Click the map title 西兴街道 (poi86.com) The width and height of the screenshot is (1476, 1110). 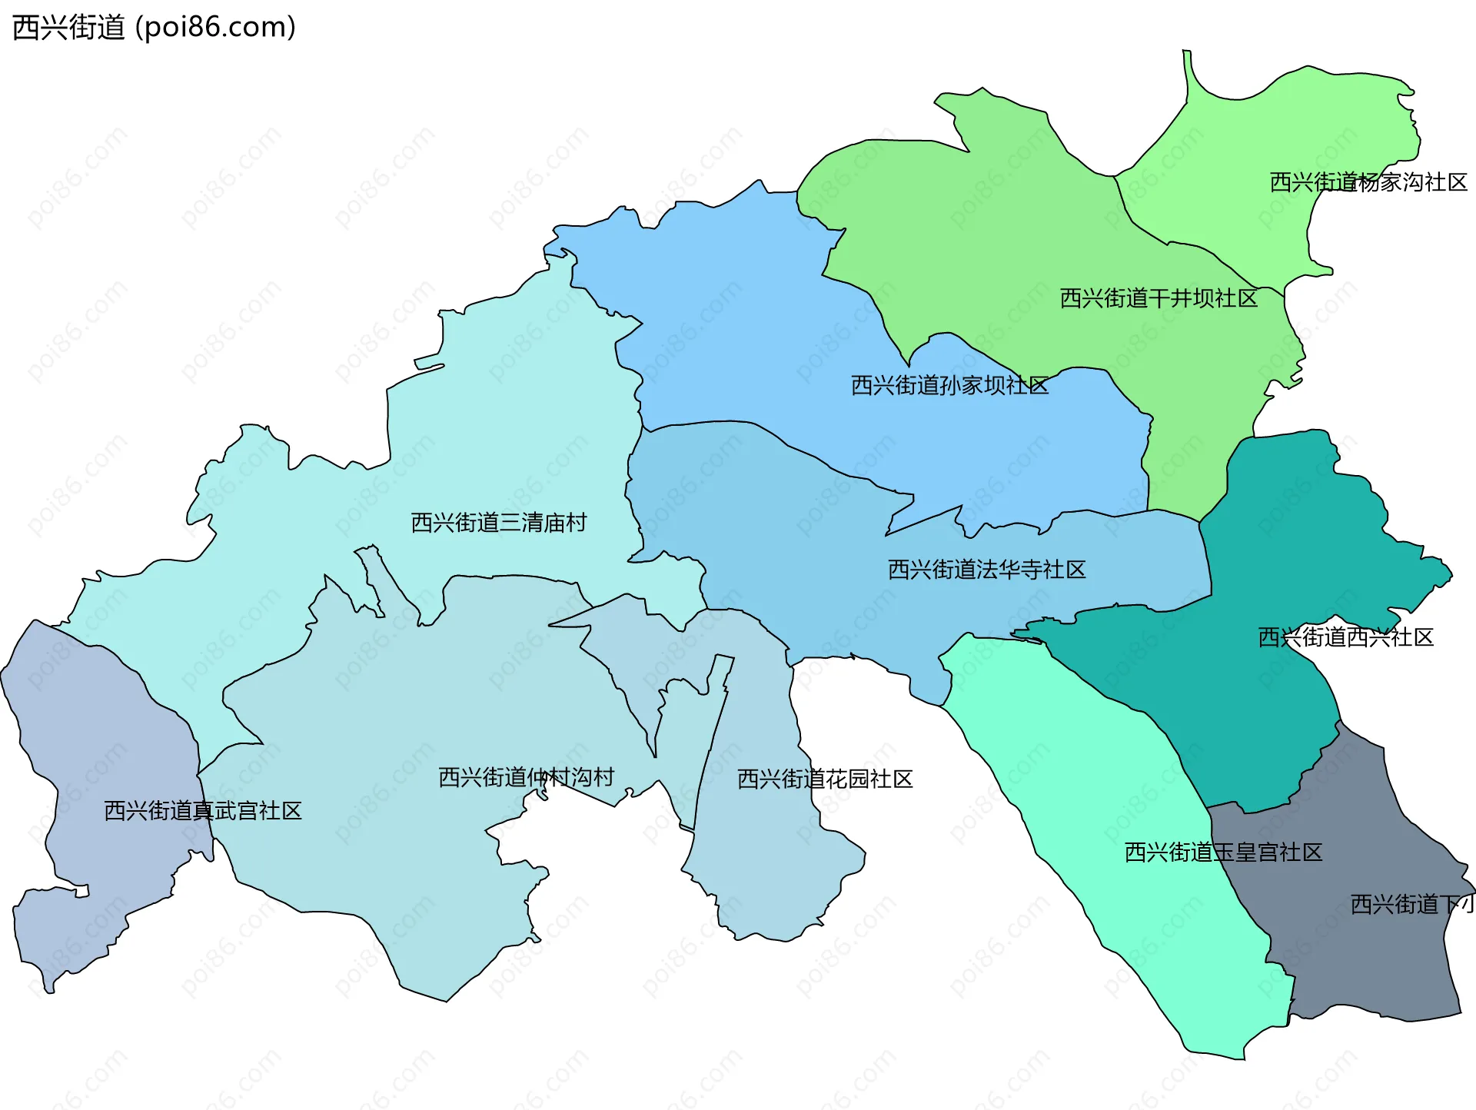click(154, 27)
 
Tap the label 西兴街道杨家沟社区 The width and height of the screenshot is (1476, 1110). click(1368, 182)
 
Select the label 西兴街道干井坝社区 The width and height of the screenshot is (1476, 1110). click(1159, 298)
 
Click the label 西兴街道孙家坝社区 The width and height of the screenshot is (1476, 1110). click(949, 385)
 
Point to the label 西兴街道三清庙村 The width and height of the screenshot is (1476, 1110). click(498, 523)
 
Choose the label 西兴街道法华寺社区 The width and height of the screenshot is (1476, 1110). click(986, 570)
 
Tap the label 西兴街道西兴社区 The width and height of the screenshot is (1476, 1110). click(1345, 637)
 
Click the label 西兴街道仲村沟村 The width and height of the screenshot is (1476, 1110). click(526, 777)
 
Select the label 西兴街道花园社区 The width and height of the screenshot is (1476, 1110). click(824, 779)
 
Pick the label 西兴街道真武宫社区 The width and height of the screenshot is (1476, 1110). click(202, 811)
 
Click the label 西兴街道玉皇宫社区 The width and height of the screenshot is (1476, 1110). click(1223, 852)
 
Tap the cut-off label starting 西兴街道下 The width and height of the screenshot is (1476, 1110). click(1411, 904)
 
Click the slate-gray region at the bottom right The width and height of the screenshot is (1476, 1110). click(1368, 969)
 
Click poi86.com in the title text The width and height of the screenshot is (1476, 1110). click(215, 27)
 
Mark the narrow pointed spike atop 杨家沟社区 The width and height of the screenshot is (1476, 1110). click(1188, 65)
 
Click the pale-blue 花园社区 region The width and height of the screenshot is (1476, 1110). click(769, 861)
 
